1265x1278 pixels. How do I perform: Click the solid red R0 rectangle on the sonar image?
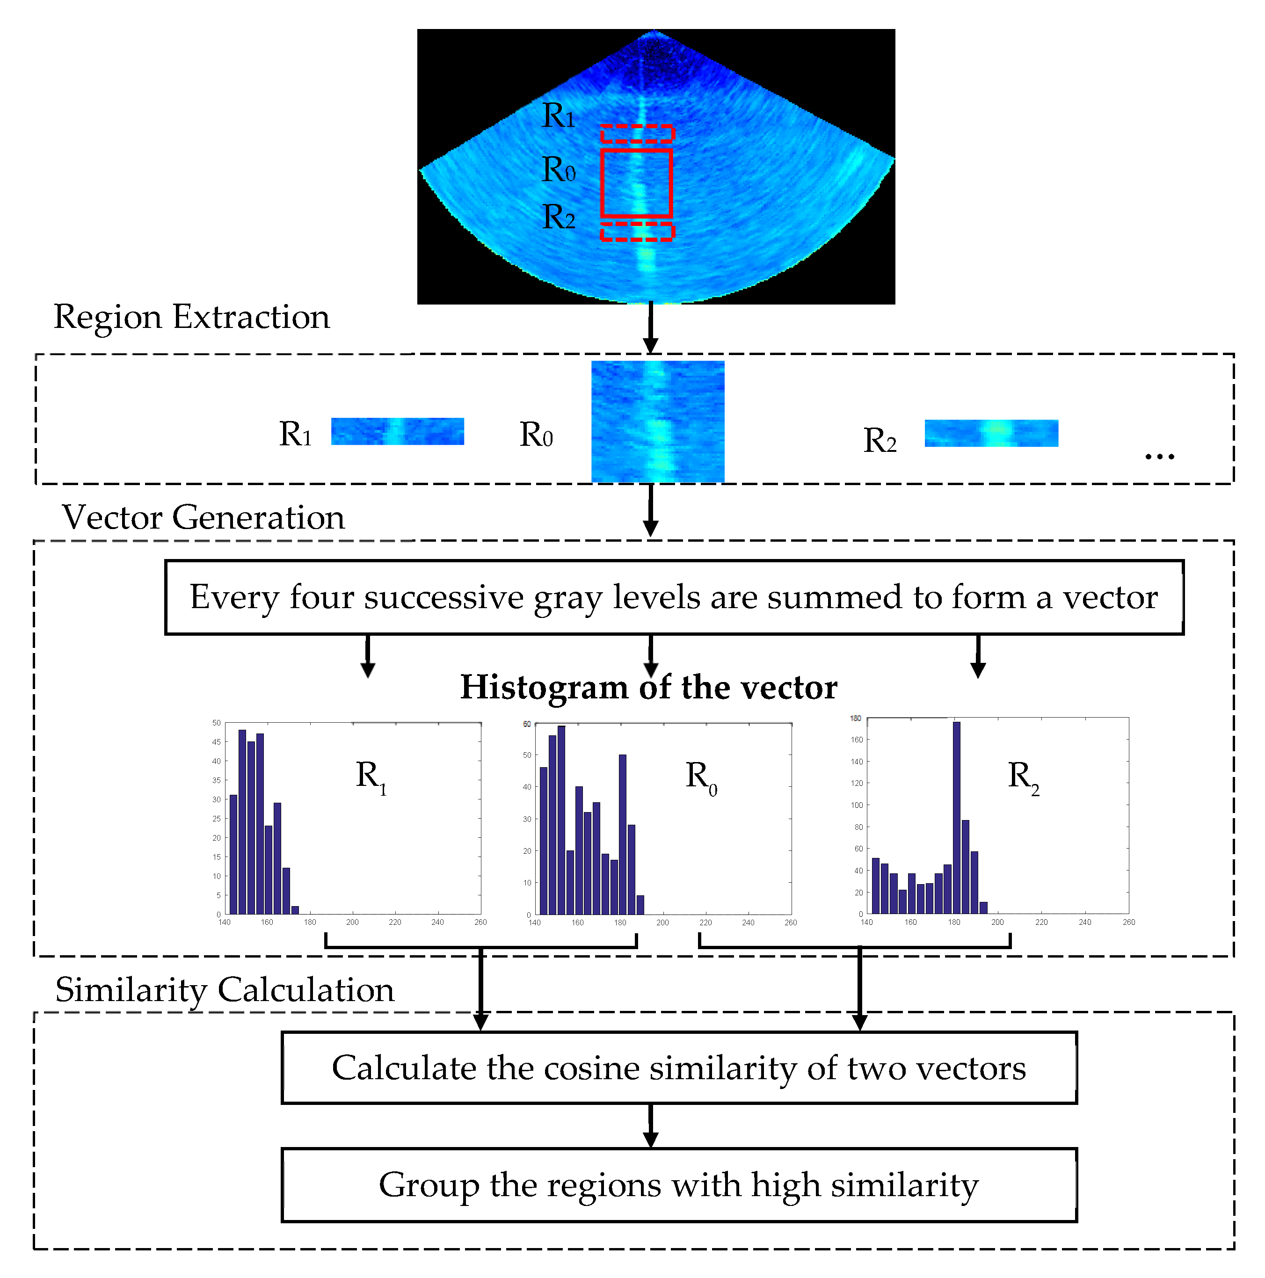(x=636, y=183)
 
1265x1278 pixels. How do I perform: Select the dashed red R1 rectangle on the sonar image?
(x=636, y=134)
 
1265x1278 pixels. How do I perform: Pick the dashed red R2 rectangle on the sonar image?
(x=636, y=232)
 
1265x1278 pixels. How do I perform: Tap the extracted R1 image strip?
(x=397, y=431)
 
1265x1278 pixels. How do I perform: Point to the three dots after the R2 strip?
(x=1159, y=457)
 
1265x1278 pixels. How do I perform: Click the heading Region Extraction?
(x=191, y=317)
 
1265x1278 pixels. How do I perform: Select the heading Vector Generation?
(x=203, y=517)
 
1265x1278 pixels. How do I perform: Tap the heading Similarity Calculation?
(x=224, y=990)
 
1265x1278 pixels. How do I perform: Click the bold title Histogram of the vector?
(x=648, y=687)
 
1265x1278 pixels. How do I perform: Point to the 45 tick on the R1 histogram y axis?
(x=216, y=742)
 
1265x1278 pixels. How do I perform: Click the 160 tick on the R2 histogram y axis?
(x=857, y=740)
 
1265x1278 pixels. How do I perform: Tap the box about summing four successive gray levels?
(x=674, y=597)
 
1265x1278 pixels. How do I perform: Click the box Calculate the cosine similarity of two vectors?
(x=678, y=1068)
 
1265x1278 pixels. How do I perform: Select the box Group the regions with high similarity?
(x=678, y=1185)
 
